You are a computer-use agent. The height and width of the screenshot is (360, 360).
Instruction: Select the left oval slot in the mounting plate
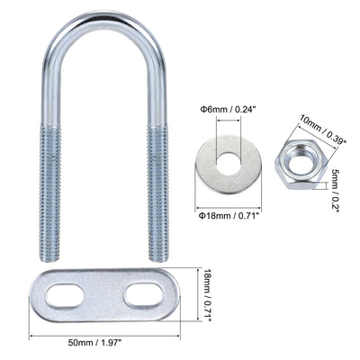tap(64, 296)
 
